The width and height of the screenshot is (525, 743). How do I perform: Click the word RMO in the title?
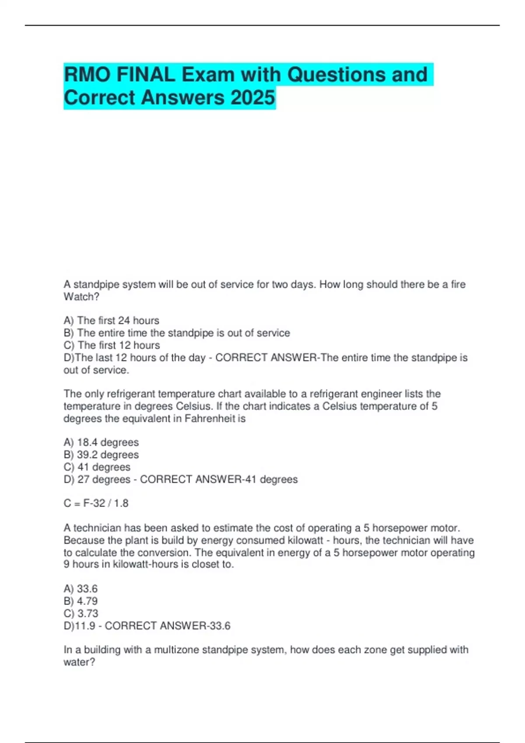(x=87, y=75)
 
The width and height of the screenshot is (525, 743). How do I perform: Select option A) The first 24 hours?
(x=111, y=320)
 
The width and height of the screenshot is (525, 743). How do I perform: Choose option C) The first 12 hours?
(x=112, y=345)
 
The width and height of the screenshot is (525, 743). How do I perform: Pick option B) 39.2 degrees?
(x=101, y=455)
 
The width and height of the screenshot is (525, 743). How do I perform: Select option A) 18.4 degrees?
(x=101, y=442)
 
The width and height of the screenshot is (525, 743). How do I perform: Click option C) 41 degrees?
(x=97, y=467)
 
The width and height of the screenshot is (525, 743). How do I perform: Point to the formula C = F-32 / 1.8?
(x=96, y=503)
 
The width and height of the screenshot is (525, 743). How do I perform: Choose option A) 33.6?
(x=80, y=589)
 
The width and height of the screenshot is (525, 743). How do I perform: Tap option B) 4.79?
(x=80, y=601)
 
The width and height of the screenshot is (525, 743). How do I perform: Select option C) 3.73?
(x=81, y=613)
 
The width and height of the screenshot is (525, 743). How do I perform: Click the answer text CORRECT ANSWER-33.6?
(x=168, y=626)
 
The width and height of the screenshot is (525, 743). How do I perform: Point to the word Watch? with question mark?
(x=81, y=297)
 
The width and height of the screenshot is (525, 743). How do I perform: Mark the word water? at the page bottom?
(x=79, y=662)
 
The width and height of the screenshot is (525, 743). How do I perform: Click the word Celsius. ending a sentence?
(x=194, y=406)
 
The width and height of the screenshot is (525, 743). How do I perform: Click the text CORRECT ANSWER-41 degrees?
(x=219, y=479)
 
